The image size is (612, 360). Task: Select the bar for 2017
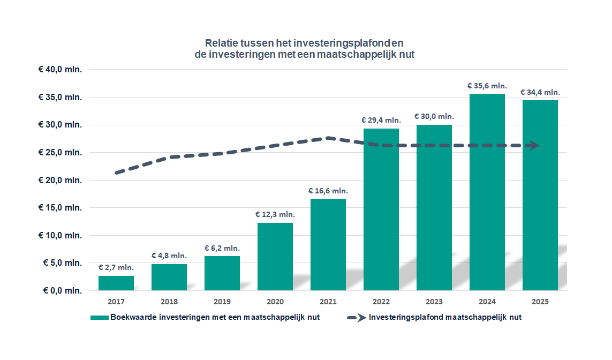116,283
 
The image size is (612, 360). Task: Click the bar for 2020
275,257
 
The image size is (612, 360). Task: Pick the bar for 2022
381,209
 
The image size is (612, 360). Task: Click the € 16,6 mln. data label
328,191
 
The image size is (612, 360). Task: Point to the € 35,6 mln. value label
487,86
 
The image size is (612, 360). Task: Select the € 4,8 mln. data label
169,256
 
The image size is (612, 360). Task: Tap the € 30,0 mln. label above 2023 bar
434,116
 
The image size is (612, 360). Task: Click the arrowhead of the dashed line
534,145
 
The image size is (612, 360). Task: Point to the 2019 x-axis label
222,301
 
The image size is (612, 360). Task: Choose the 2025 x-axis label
540,301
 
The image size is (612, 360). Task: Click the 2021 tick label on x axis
328,301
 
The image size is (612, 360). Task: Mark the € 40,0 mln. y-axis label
60,70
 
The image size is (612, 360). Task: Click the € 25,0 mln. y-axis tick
60,152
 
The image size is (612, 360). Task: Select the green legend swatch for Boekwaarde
100,317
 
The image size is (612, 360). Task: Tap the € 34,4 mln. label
540,92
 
